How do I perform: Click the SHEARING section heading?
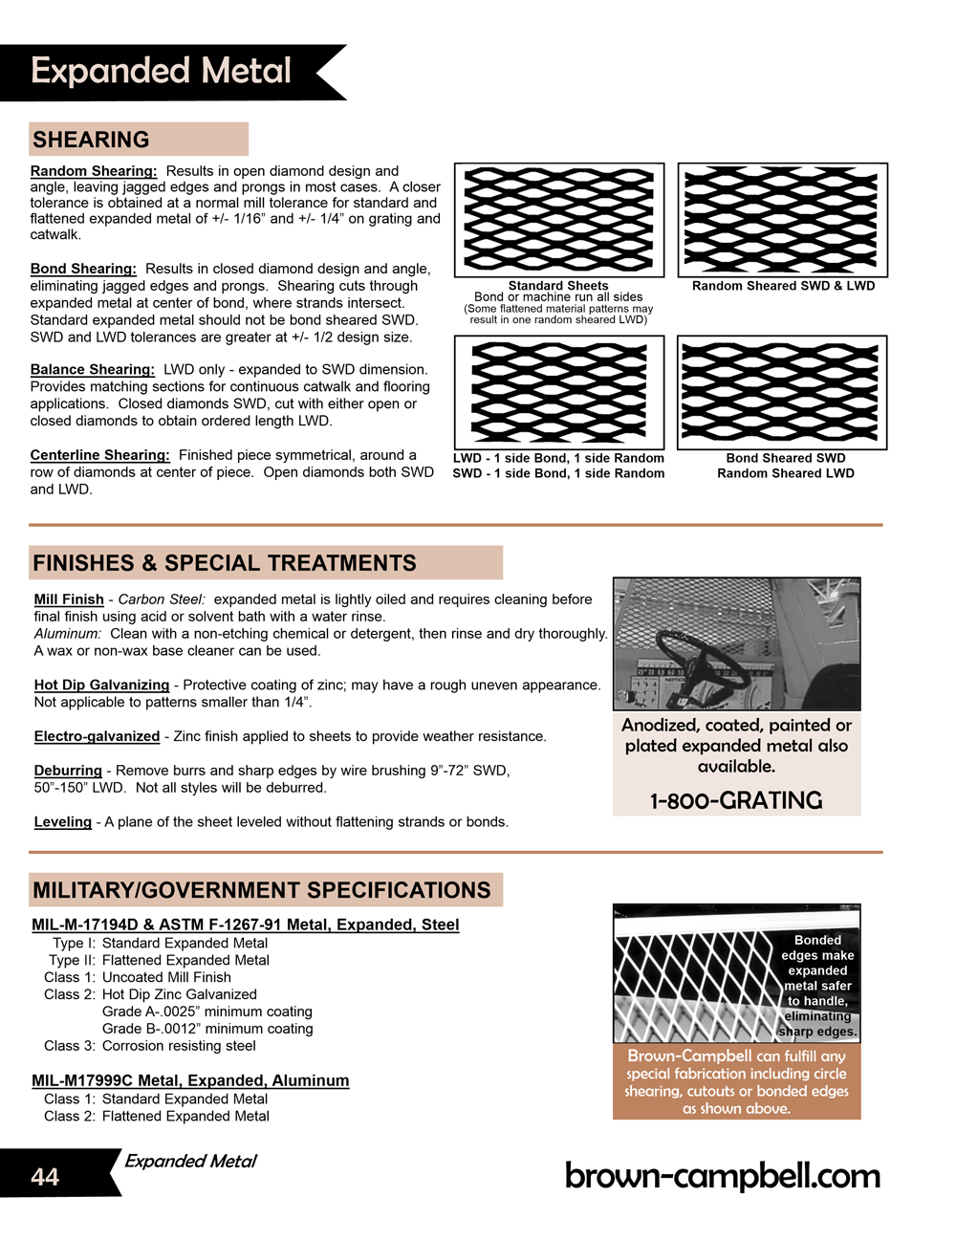pos(91,140)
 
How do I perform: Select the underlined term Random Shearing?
pos(93,171)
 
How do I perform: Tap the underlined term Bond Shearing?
pos(83,269)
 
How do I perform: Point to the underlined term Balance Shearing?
pos(92,369)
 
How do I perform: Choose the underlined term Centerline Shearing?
pos(99,455)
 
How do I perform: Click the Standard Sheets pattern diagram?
pos(559,220)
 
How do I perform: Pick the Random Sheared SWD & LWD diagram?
pos(783,220)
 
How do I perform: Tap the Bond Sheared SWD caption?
pos(786,458)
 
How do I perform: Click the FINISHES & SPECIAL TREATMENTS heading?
pos(225,563)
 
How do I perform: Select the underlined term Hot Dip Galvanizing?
pos(101,685)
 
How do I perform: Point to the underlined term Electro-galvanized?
pos(97,736)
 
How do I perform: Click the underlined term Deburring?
pos(68,771)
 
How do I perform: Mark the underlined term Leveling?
pos(63,822)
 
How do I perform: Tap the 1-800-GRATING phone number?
pos(736,801)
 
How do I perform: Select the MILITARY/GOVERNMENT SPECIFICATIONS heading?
pos(262,890)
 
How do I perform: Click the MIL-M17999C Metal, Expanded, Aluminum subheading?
pos(190,1080)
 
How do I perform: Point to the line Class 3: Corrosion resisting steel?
pos(150,1046)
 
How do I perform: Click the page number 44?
pos(45,1177)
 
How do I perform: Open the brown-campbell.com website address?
pos(723,1176)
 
